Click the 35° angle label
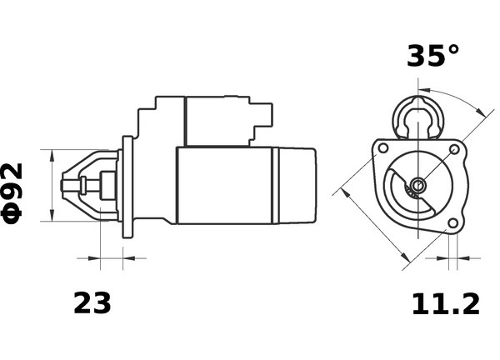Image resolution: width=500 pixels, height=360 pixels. (432, 56)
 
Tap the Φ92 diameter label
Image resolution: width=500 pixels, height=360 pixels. (12, 193)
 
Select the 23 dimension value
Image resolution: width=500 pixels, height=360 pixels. (92, 303)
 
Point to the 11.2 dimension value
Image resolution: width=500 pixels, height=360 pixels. (446, 304)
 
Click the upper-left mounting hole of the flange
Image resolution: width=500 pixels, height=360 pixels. (383, 148)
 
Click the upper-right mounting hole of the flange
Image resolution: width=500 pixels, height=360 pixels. (454, 149)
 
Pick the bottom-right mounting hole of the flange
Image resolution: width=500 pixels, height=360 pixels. (452, 223)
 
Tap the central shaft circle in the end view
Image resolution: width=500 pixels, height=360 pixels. (417, 185)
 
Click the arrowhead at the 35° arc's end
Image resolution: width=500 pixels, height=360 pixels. (480, 112)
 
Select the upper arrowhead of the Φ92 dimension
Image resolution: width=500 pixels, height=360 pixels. (52, 156)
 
